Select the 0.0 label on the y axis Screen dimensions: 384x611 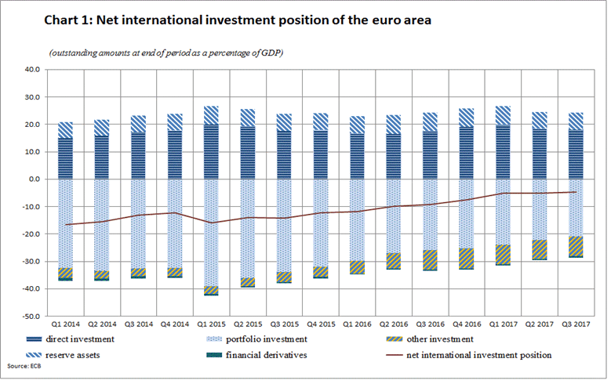tap(34, 179)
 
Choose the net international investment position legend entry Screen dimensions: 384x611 tap(475, 354)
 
